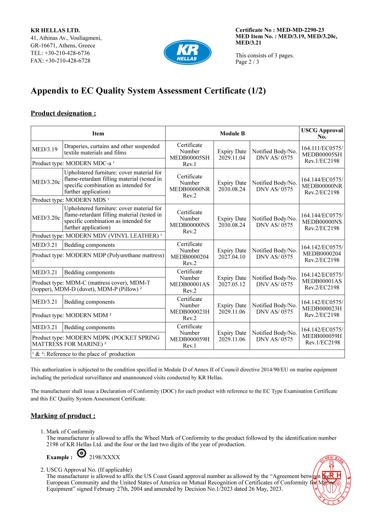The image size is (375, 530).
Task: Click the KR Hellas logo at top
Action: coord(187,52)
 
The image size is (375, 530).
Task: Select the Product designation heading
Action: coord(63,113)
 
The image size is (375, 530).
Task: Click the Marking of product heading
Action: coord(63,415)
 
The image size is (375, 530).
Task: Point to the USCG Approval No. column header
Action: coord(322,133)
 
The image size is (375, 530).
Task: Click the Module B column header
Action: coord(232,133)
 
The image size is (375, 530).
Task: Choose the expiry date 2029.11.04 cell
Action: coord(232,155)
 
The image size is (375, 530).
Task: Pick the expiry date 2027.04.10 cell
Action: coord(232,254)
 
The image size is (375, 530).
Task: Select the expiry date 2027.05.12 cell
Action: coord(232,281)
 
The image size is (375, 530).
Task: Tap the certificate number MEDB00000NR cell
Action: coord(190,186)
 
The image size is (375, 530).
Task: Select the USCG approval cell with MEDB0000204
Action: coord(322,254)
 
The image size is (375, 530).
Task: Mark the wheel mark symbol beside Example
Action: coord(81,454)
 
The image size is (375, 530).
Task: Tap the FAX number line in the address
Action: coord(60,61)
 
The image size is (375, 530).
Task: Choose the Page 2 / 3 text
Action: coord(247,62)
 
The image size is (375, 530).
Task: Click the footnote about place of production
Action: coord(83,354)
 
